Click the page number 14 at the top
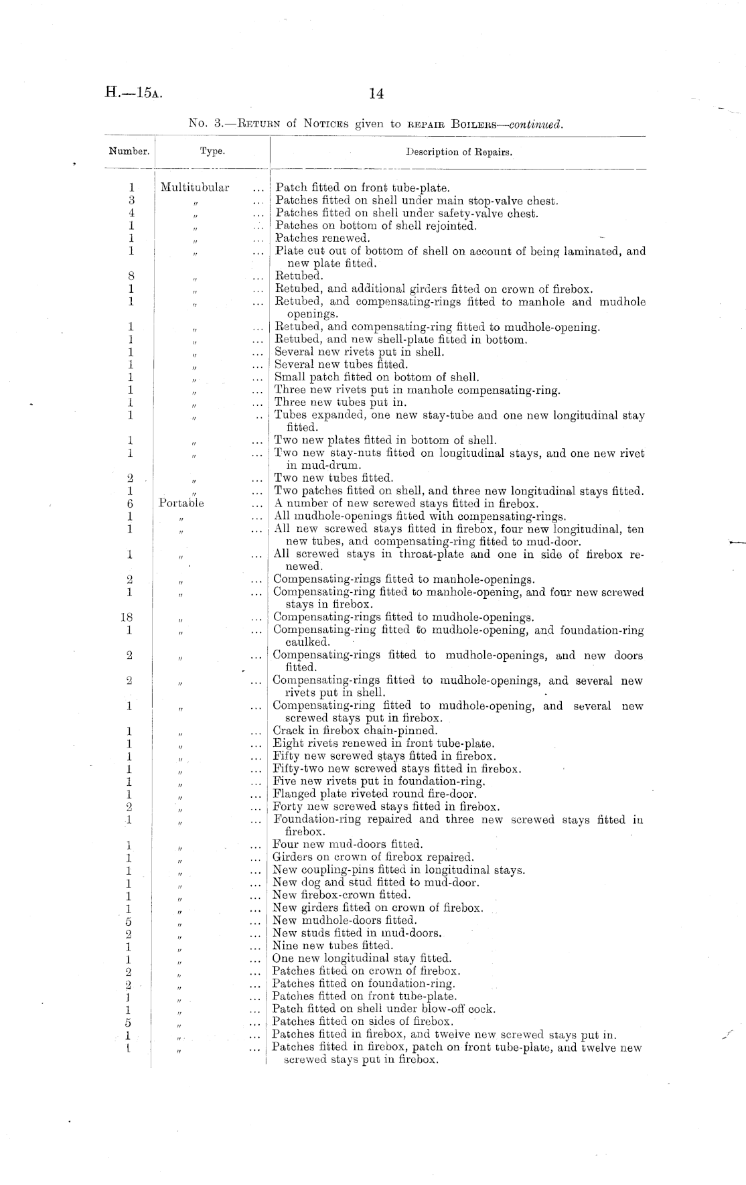[x=376, y=94]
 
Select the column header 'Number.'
[x=129, y=151]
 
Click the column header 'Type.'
[x=212, y=151]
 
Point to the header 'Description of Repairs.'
[x=459, y=151]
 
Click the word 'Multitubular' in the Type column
[x=195, y=188]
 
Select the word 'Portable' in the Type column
[x=181, y=503]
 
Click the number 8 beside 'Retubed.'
[x=131, y=276]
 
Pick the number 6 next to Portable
[x=131, y=503]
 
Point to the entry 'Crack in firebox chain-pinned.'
[x=355, y=731]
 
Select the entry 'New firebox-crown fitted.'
[x=341, y=895]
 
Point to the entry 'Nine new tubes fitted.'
[x=332, y=946]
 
